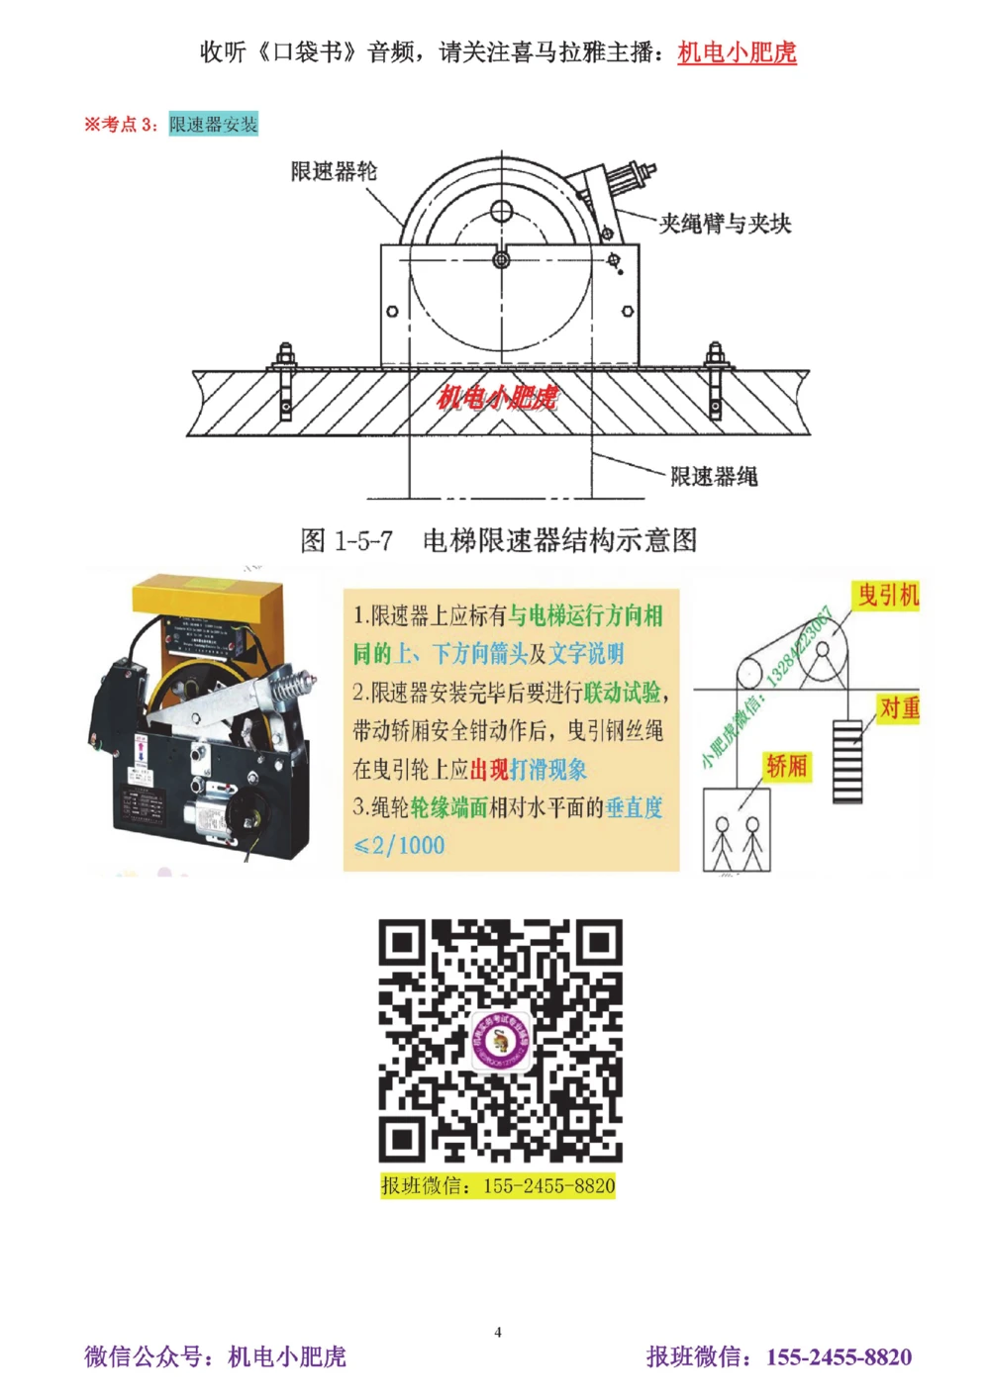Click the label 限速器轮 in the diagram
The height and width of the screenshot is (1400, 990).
coord(334,171)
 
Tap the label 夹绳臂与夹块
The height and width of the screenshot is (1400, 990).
coord(725,224)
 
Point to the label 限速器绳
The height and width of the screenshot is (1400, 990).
coord(714,477)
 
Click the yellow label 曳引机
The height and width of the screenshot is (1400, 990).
coord(888,595)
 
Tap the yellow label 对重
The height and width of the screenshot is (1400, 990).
coord(899,708)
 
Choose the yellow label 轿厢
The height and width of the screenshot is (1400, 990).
coord(786,766)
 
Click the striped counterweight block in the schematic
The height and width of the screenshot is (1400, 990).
coord(847,761)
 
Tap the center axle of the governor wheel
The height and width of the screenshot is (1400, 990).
coord(501,259)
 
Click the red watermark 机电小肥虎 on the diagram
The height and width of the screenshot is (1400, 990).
coord(497,398)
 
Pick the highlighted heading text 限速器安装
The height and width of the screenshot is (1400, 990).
coord(213,124)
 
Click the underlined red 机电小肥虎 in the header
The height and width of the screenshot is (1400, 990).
coord(737,51)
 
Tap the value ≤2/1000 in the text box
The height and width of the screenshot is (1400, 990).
coord(399,845)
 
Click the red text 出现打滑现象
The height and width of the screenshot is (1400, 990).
coord(528,769)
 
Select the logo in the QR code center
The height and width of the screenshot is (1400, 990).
coord(501,1040)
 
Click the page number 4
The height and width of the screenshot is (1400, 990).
coord(498,1332)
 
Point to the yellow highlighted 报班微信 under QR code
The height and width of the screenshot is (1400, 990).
coord(498,1185)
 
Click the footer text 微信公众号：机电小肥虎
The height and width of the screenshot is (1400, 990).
coord(215,1356)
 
